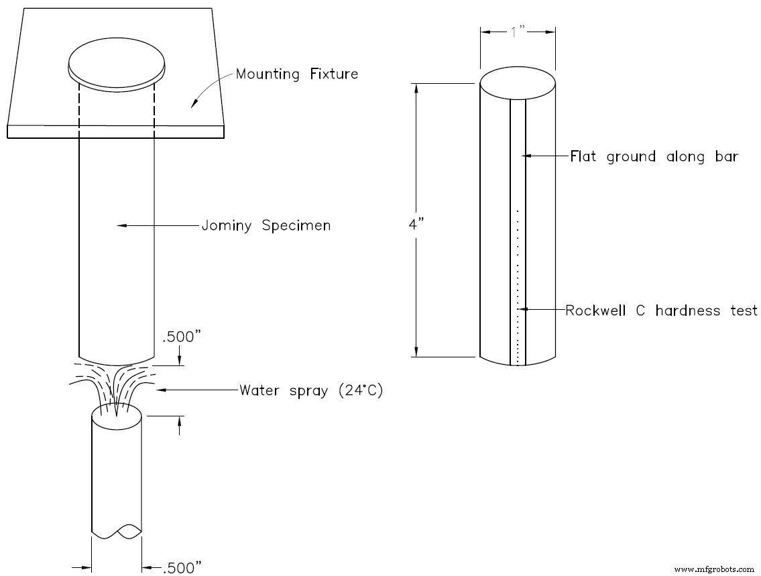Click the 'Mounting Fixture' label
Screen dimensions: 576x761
coord(296,74)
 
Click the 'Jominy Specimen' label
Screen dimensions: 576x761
coord(266,226)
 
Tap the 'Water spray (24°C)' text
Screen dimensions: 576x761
coord(311,390)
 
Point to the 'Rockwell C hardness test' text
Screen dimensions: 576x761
coord(661,310)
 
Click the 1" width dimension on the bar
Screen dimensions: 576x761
coord(518,31)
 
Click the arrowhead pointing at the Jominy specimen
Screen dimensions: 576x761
coord(121,226)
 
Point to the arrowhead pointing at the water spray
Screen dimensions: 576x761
coord(159,390)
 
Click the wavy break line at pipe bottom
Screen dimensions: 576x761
coord(117,532)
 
